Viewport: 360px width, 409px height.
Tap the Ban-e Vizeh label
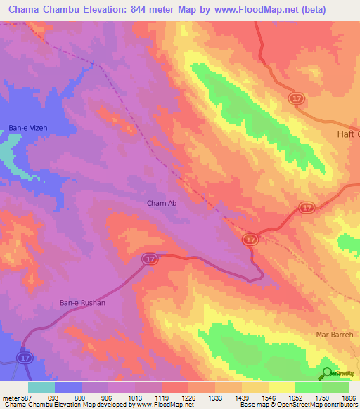pos(26,128)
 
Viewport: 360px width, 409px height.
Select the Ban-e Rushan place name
pos(82,303)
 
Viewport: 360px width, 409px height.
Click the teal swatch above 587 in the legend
pos(41,387)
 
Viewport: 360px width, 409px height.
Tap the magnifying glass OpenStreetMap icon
pos(327,372)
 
